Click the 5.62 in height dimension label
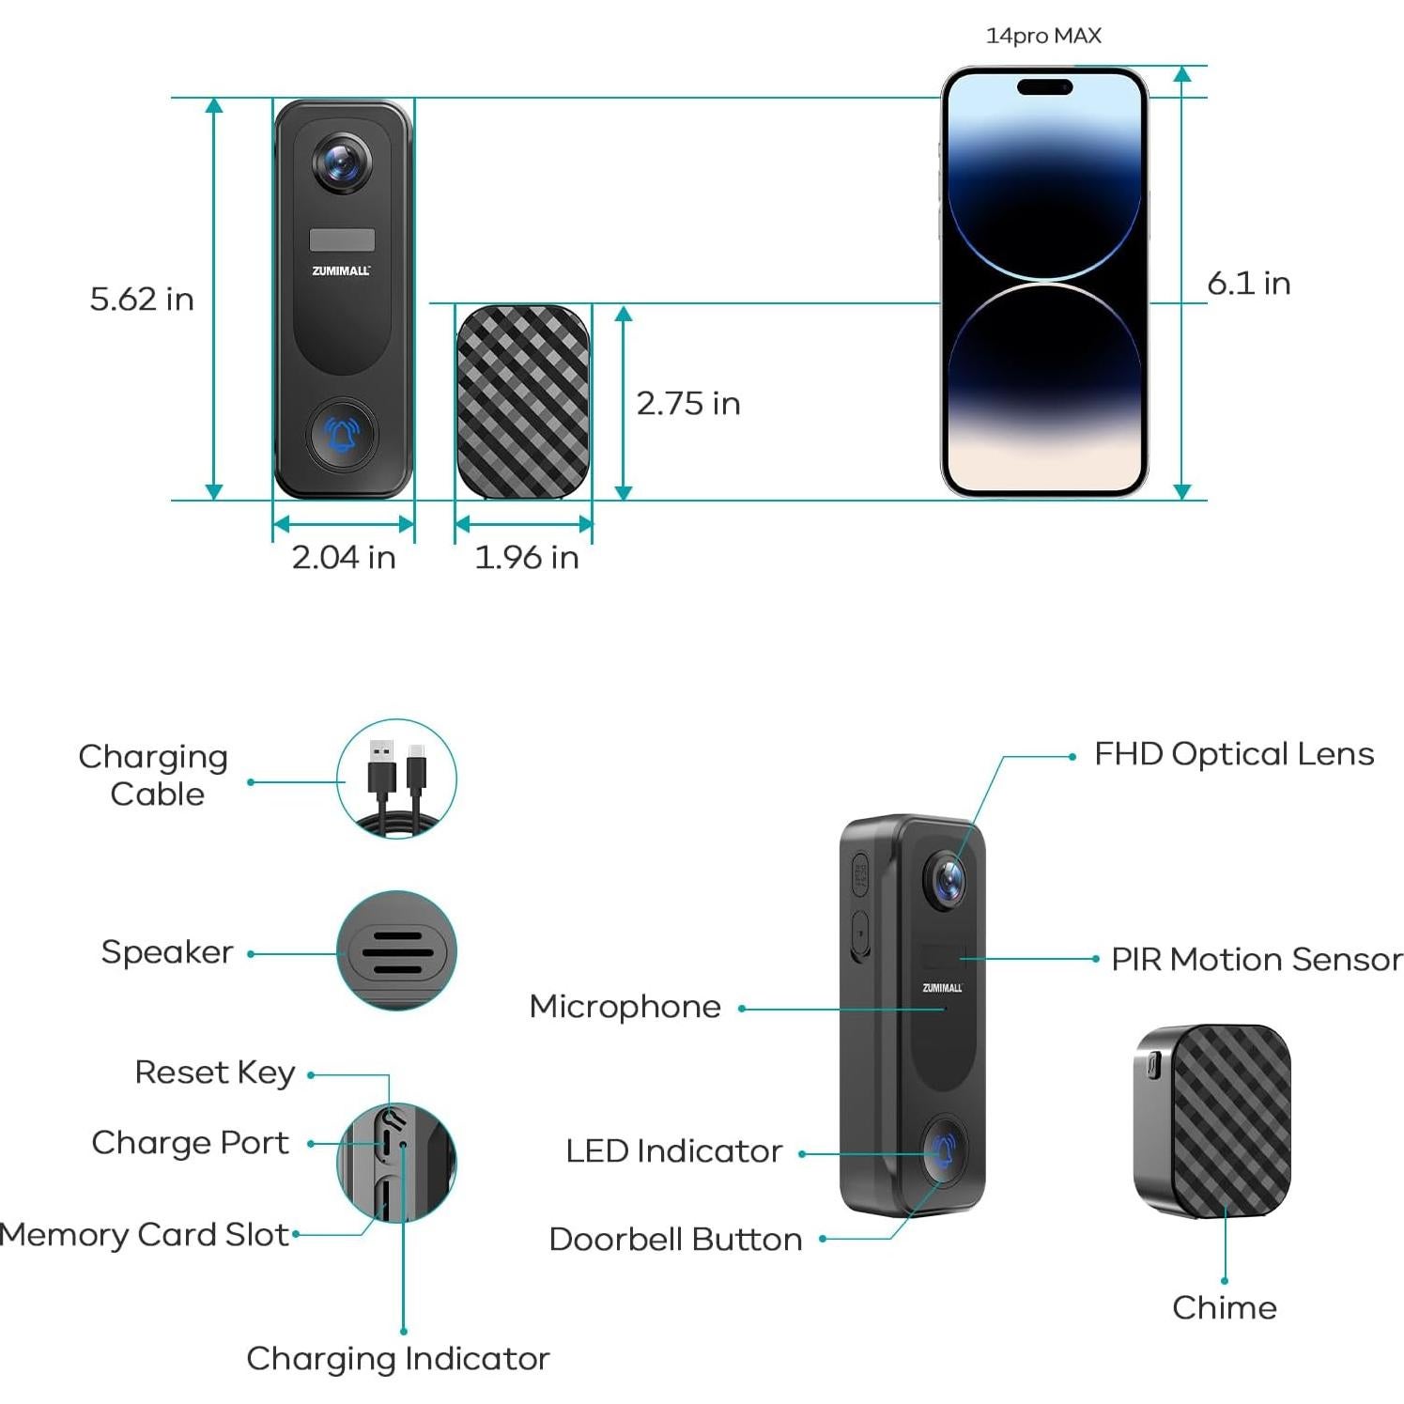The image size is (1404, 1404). pyautogui.click(x=142, y=299)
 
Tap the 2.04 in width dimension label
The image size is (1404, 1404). pyautogui.click(x=344, y=557)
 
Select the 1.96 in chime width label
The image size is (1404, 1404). pyautogui.click(x=526, y=557)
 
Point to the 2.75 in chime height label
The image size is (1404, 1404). pyautogui.click(x=688, y=403)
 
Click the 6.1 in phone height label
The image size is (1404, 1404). pyautogui.click(x=1248, y=283)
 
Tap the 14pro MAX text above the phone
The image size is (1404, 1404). pyautogui.click(x=1043, y=36)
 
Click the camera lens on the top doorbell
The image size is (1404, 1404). pyautogui.click(x=342, y=163)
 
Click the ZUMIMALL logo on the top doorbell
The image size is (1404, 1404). pyautogui.click(x=342, y=270)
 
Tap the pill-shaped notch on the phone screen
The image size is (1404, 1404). pyautogui.click(x=1044, y=87)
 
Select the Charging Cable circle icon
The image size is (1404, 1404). pyautogui.click(x=397, y=779)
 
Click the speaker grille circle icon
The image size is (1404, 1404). pyautogui.click(x=397, y=950)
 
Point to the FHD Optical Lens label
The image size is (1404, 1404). pyautogui.click(x=1234, y=753)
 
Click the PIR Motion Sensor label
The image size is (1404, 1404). pyautogui.click(x=1257, y=959)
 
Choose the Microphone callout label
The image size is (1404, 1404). pyautogui.click(x=625, y=1006)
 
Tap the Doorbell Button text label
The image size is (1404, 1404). pyautogui.click(x=675, y=1239)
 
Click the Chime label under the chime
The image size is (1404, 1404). pyautogui.click(x=1225, y=1306)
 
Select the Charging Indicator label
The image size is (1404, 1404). pyautogui.click(x=398, y=1358)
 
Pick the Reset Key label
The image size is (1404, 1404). pyautogui.click(x=215, y=1072)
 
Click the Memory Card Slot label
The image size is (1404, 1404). pyautogui.click(x=145, y=1234)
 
